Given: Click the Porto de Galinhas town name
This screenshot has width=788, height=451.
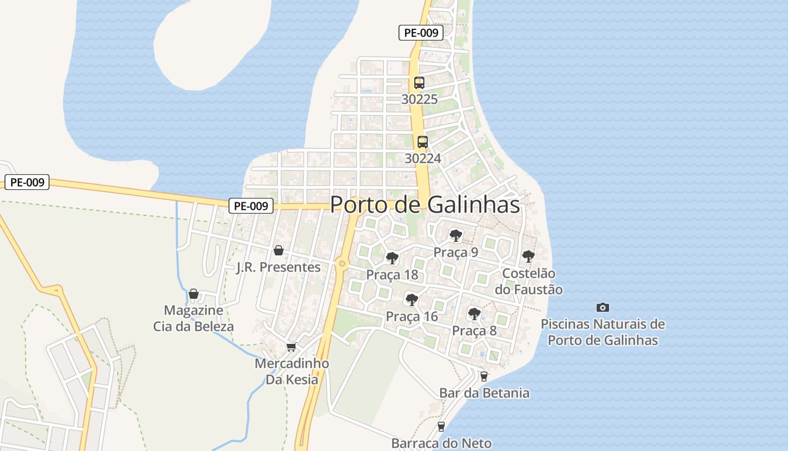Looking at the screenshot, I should coord(425,205).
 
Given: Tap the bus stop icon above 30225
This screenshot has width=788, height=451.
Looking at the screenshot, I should coord(419,83).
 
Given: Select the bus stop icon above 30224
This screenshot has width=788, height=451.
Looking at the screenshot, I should coord(423,142).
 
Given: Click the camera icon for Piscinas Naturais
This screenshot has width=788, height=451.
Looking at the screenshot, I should coord(603,307).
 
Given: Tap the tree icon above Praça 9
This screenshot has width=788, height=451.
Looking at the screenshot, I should coord(456,236).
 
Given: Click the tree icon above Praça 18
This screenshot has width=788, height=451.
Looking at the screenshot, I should coord(392,258).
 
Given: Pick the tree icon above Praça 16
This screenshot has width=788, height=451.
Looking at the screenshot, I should coord(412,299).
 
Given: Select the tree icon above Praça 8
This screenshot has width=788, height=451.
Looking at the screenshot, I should coord(474,313).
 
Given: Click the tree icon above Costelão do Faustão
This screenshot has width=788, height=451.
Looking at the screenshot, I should coord(529,257).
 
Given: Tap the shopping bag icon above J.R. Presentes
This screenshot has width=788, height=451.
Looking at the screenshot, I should coord(278,250).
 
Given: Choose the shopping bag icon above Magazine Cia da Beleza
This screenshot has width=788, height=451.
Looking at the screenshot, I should coord(194,294).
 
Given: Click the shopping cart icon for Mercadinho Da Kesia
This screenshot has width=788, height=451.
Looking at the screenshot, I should coord(291,347).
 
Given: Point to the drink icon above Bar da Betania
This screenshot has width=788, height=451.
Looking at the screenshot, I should coord(483,376).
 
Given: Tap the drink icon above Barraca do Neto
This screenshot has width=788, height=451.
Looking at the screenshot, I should coord(441,427).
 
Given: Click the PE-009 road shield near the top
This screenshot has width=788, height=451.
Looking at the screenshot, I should coord(421,33).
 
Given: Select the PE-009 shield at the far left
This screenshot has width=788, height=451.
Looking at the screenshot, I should coord(27,182).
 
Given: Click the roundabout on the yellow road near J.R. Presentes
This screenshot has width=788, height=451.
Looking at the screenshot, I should coord(342,263).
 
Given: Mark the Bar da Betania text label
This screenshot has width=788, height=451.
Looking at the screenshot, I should coord(484,393).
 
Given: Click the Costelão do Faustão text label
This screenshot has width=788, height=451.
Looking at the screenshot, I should coord(529,281).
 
